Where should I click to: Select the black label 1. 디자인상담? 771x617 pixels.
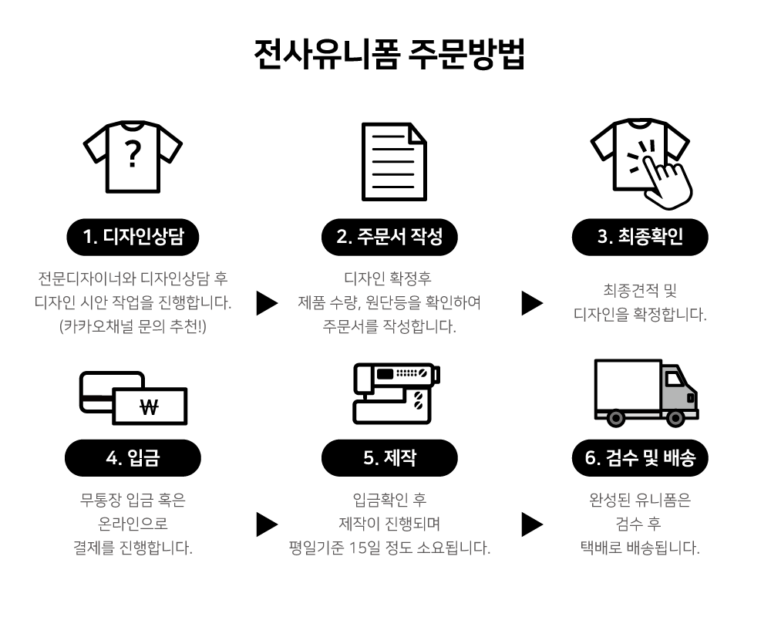pos(133,238)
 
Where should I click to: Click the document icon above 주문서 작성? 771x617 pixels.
pos(394,162)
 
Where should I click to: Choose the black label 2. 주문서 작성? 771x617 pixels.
pos(389,238)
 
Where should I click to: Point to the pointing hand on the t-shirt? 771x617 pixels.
pos(664,174)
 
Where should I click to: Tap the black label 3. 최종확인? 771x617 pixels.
pos(640,238)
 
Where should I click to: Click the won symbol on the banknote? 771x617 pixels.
pos(150,406)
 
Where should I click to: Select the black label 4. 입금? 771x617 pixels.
pos(133,458)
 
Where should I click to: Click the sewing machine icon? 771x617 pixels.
pos(396,392)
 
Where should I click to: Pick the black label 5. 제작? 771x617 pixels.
pos(389,458)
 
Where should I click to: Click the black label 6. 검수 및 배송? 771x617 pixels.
pos(640,458)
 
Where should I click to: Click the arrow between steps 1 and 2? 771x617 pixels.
pos(267,303)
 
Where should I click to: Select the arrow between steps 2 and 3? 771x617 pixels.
pos(532,303)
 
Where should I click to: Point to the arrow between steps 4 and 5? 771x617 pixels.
pos(267,524)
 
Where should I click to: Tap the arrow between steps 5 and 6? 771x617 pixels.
pos(532,524)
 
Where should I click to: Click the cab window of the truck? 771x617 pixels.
pos(675,379)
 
